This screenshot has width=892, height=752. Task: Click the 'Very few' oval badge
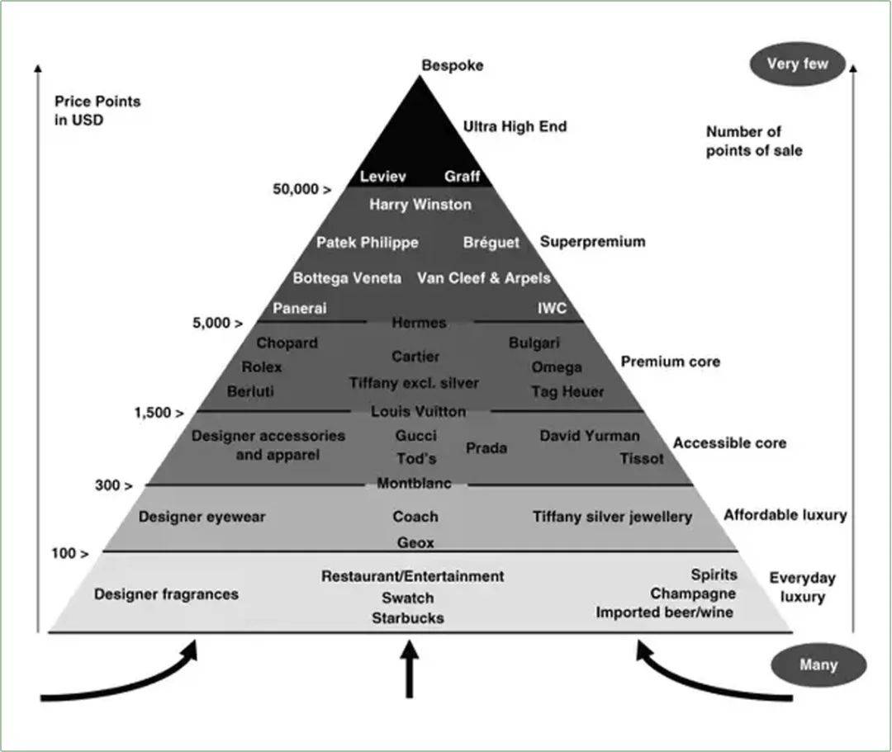click(798, 64)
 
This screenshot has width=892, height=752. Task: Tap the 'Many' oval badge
click(818, 665)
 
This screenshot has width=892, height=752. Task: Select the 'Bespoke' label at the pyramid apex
click(453, 65)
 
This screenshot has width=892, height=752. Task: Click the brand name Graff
click(462, 176)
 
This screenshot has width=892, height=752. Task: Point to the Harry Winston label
click(420, 205)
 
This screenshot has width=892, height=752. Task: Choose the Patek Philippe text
click(368, 243)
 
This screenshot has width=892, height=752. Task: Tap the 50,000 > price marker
click(302, 189)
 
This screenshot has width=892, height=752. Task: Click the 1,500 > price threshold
click(159, 413)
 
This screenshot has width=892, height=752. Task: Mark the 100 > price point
click(70, 553)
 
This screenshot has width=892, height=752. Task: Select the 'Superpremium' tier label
click(593, 242)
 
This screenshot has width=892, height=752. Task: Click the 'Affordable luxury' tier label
click(785, 515)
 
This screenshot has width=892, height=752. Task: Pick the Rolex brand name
click(262, 367)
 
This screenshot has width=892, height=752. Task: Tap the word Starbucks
click(408, 617)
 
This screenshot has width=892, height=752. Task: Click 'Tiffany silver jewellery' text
click(613, 518)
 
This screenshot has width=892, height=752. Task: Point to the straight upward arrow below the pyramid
click(409, 669)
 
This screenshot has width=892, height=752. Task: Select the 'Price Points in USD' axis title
click(97, 111)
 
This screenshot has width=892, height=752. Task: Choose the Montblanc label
click(414, 483)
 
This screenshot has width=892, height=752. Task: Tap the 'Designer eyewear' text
click(202, 517)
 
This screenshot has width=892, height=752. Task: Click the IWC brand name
click(552, 308)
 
